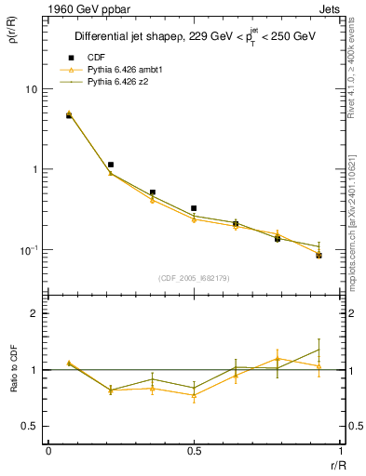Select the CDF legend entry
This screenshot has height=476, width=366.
coord(91,58)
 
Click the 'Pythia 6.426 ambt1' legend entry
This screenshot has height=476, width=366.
coord(121,70)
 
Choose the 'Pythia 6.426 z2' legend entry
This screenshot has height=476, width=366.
coord(115,82)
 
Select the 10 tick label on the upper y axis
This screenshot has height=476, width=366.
coord(30,89)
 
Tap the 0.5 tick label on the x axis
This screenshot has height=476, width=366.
coord(193,451)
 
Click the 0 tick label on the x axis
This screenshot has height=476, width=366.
coord(47,451)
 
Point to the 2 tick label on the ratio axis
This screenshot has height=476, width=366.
coord(34,313)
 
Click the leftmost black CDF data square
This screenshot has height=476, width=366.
coord(69,116)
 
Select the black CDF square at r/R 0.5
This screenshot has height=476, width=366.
coord(194,208)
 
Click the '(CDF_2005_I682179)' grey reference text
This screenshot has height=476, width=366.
coord(192,277)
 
